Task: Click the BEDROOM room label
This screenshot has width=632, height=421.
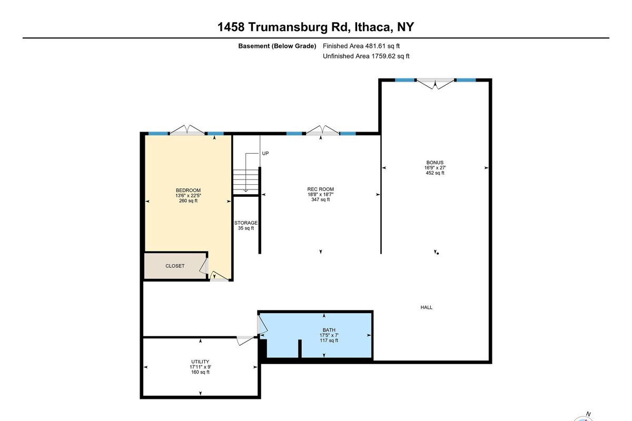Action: [x=188, y=191]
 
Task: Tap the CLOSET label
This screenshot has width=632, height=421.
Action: [x=175, y=266]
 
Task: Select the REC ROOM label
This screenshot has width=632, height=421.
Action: [x=321, y=189]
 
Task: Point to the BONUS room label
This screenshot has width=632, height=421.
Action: [x=435, y=163]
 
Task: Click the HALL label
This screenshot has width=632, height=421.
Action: [x=426, y=307]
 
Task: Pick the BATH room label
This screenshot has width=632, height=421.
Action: [x=329, y=330]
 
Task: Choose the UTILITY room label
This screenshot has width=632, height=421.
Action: [x=200, y=362]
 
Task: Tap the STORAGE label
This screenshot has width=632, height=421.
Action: [x=246, y=223]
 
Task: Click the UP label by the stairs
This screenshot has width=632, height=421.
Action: [x=265, y=153]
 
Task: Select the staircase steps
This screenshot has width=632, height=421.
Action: [x=246, y=182]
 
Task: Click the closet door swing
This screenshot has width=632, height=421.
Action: [x=204, y=266]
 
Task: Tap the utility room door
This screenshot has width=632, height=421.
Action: [x=245, y=340]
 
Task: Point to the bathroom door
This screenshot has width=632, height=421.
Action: [x=262, y=325]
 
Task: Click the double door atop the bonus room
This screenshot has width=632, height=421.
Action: [x=436, y=84]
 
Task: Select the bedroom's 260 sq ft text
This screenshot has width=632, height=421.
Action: [x=188, y=201]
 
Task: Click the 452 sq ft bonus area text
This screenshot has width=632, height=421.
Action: [x=435, y=173]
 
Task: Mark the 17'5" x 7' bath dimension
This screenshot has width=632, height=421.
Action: [x=329, y=335]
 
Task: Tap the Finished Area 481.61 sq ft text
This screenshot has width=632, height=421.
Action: [x=361, y=46]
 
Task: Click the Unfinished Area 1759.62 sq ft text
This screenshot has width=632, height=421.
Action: [x=366, y=56]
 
